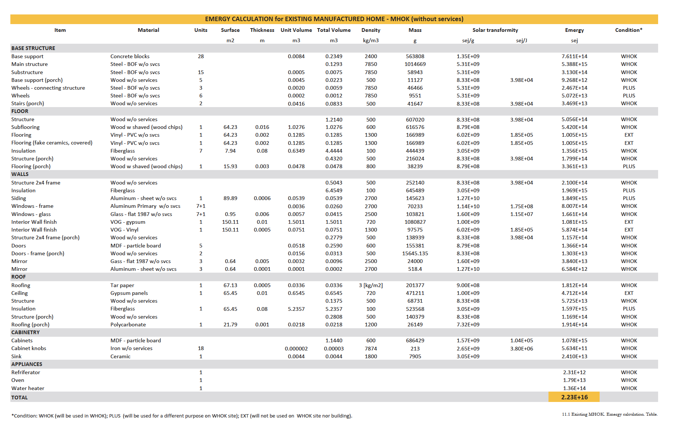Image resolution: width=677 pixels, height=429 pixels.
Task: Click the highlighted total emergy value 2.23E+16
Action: pyautogui.click(x=574, y=397)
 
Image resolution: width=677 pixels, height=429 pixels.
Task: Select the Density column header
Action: pyautogui.click(x=371, y=30)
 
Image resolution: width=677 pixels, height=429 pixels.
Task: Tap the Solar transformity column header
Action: pyautogui.click(x=495, y=30)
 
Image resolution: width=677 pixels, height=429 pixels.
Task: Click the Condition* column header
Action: pyautogui.click(x=628, y=30)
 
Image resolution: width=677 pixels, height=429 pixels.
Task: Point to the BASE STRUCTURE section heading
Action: pyautogui.click(x=33, y=48)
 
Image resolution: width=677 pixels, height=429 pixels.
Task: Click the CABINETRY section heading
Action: pyautogui.click(x=25, y=332)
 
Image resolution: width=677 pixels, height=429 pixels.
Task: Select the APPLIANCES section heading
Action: pyautogui.click(x=27, y=364)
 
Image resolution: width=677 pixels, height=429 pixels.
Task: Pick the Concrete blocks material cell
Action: pyautogui.click(x=130, y=56)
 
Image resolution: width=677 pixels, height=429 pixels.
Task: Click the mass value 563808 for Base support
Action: pyautogui.click(x=415, y=56)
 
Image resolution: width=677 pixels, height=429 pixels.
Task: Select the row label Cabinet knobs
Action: pyautogui.click(x=29, y=348)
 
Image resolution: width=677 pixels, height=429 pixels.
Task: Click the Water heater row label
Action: pyautogui.click(x=28, y=388)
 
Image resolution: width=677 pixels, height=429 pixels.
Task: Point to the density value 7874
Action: pyautogui.click(x=371, y=349)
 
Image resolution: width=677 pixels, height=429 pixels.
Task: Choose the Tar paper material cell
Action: pyautogui.click(x=122, y=285)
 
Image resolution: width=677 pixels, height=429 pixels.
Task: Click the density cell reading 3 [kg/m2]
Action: pyautogui.click(x=371, y=285)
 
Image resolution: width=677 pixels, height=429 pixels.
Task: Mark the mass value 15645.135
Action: pyautogui.click(x=415, y=253)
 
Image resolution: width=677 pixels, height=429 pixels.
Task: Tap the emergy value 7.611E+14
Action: pyautogui.click(x=574, y=56)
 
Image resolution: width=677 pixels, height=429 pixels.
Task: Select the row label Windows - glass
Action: pyautogui.click(x=31, y=214)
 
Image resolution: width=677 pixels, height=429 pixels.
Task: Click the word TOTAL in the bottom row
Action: pyautogui.click(x=19, y=398)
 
